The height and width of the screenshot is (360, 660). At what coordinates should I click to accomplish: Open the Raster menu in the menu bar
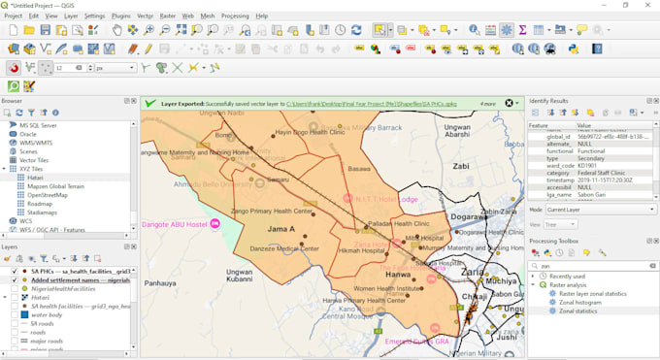click(168, 16)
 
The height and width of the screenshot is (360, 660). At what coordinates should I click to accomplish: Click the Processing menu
click(234, 16)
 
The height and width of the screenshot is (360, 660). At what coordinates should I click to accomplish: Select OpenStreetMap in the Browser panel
click(48, 195)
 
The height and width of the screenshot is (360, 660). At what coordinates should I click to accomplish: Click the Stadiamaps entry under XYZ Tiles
click(43, 213)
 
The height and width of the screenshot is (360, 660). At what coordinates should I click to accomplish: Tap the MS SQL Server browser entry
click(38, 125)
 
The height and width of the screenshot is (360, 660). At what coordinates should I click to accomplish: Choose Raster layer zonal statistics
click(593, 293)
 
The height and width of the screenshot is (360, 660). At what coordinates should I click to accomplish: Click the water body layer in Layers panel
click(46, 314)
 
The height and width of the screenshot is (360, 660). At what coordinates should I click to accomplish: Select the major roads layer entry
click(46, 341)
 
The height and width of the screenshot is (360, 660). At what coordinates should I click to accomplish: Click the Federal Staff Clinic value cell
click(605, 172)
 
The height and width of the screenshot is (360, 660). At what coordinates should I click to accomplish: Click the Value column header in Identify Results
click(585, 125)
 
